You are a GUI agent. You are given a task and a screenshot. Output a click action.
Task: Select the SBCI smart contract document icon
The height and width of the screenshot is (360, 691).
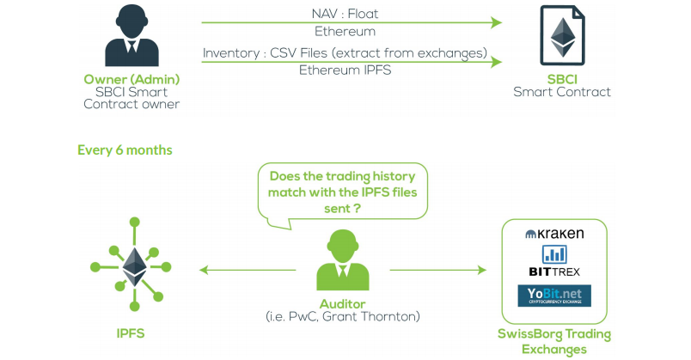[x=562, y=40]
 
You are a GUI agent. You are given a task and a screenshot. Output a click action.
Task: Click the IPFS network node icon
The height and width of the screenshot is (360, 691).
[x=133, y=266]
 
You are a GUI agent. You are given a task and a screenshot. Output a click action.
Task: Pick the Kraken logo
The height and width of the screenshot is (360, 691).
[x=554, y=234]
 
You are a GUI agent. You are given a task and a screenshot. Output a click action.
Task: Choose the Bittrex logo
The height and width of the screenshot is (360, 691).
[x=554, y=261]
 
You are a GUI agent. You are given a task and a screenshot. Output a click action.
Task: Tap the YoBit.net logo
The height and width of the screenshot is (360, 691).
[x=554, y=296]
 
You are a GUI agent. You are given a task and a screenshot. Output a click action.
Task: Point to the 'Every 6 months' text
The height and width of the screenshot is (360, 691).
[x=125, y=149]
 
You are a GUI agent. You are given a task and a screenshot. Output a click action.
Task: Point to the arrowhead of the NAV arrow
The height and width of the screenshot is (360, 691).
[x=495, y=22]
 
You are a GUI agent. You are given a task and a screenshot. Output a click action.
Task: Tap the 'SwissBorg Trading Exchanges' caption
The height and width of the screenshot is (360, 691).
[x=554, y=341]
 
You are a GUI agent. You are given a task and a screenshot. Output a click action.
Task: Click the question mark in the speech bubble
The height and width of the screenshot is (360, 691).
[x=356, y=208]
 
